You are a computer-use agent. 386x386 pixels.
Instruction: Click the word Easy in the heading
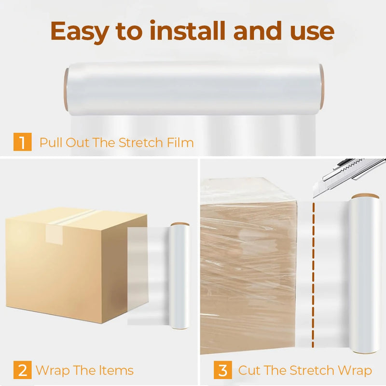click(80, 32)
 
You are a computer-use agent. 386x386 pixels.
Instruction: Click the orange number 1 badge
click(22, 141)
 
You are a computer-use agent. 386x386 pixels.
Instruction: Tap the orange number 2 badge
click(22, 370)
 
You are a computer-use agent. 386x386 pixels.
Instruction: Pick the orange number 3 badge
click(223, 370)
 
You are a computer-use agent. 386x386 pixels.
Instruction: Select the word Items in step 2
click(116, 370)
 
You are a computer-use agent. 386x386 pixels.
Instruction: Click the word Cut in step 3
click(249, 370)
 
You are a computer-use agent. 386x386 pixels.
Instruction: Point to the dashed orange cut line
click(313, 275)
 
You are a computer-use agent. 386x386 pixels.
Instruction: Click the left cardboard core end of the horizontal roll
click(66, 90)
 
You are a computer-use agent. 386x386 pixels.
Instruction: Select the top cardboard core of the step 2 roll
click(180, 224)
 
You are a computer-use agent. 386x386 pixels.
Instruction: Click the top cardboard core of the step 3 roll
click(365, 196)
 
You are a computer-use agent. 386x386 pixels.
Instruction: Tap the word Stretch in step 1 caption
click(140, 142)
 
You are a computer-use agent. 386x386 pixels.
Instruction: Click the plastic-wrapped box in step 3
click(248, 266)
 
